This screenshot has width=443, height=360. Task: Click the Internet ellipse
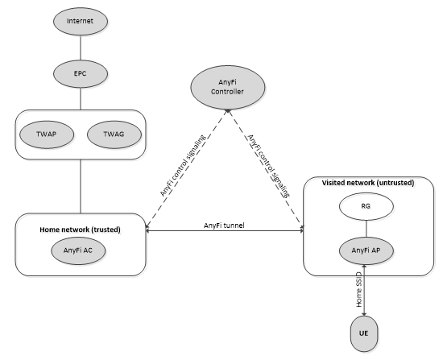click(x=81, y=22)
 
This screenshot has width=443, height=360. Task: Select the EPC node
click(x=81, y=74)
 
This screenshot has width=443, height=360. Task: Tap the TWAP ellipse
click(x=47, y=134)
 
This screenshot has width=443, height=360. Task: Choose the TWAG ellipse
click(x=114, y=134)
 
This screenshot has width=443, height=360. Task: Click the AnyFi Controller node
click(x=228, y=87)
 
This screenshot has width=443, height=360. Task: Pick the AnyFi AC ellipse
click(x=78, y=250)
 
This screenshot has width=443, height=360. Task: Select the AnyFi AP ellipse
click(x=366, y=250)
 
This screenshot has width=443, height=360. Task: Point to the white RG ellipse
click(x=366, y=206)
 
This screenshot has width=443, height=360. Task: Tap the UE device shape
click(x=364, y=333)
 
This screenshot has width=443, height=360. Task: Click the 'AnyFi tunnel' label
click(x=224, y=226)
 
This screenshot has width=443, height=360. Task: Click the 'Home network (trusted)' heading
click(x=80, y=230)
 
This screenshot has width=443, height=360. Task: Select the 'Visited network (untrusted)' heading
click(x=368, y=183)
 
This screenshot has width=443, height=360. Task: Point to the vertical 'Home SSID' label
click(x=358, y=290)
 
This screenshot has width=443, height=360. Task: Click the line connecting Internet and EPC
click(x=81, y=48)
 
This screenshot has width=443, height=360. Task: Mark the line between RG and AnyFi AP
click(x=366, y=229)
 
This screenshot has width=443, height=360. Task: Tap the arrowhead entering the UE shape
click(x=364, y=313)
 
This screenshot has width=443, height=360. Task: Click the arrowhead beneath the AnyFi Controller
click(x=228, y=111)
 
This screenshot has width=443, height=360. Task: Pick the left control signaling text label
click(x=182, y=165)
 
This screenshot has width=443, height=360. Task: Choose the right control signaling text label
click(x=268, y=166)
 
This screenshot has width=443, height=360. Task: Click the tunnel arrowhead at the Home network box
click(x=147, y=230)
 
